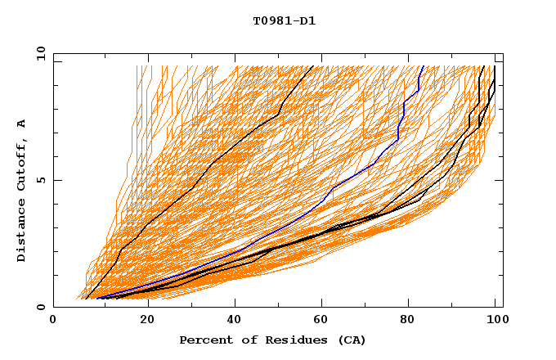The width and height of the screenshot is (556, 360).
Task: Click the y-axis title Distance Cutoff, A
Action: [x=22, y=190]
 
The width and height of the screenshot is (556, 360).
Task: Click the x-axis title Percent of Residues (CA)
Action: [x=273, y=340]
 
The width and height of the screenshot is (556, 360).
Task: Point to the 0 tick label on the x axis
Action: [x=54, y=320]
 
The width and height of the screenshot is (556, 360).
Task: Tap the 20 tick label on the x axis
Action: [x=142, y=320]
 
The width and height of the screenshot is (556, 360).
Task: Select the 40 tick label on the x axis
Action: [x=231, y=320]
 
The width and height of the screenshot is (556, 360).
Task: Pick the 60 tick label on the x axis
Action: [x=319, y=320]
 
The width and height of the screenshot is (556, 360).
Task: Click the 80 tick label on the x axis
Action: [x=407, y=320]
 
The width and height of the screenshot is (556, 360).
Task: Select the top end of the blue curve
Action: [x=423, y=66]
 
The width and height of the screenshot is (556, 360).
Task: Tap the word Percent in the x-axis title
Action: [x=204, y=340]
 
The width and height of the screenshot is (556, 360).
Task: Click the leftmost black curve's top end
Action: [x=313, y=66]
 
